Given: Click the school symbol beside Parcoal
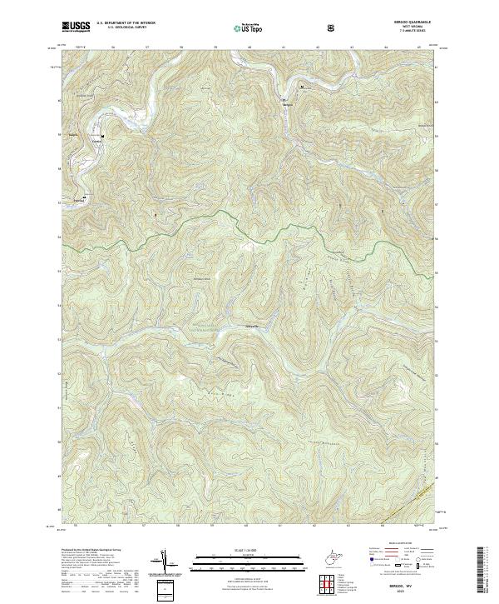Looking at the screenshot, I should tap(84, 197).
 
